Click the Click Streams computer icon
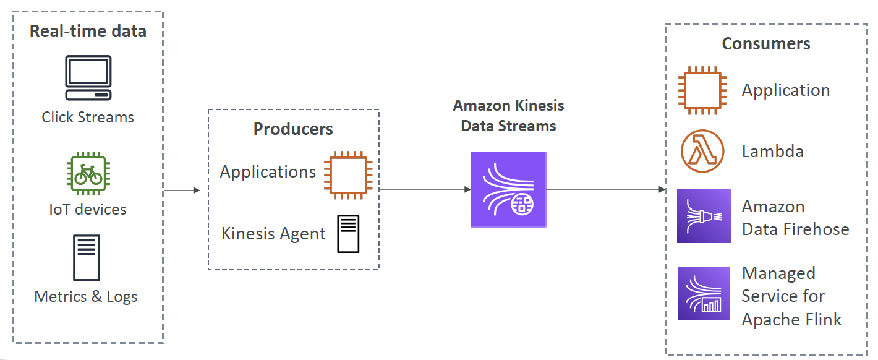click(88, 77)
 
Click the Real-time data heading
click(88, 32)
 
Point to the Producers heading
click(293, 129)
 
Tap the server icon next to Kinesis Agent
click(348, 234)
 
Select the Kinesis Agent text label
click(273, 234)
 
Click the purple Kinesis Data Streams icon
click(508, 189)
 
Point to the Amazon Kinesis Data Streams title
click(508, 116)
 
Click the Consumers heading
click(766, 44)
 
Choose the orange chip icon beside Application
click(702, 90)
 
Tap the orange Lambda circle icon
click(702, 152)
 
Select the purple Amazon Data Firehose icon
click(704, 216)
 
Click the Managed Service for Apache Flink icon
click(704, 294)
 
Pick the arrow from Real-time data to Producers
click(182, 191)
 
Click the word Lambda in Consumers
click(772, 152)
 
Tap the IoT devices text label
click(88, 209)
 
